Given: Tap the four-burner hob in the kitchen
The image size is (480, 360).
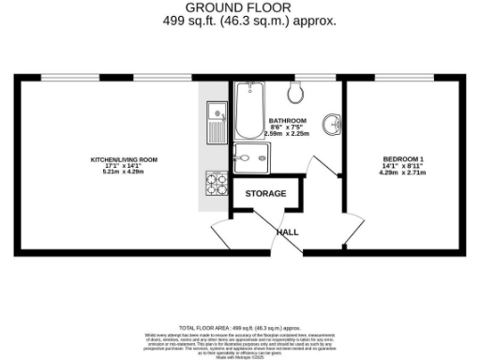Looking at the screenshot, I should [216, 182].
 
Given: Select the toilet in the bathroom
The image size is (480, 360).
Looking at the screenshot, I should [296, 90].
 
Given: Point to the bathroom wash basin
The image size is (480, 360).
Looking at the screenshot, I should [329, 124].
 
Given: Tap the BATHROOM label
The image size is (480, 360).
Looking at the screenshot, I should [287, 121].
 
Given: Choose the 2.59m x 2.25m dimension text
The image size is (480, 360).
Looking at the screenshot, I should [287, 133].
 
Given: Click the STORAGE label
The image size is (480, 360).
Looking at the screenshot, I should [265, 194].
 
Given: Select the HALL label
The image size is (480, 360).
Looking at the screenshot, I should [288, 231].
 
